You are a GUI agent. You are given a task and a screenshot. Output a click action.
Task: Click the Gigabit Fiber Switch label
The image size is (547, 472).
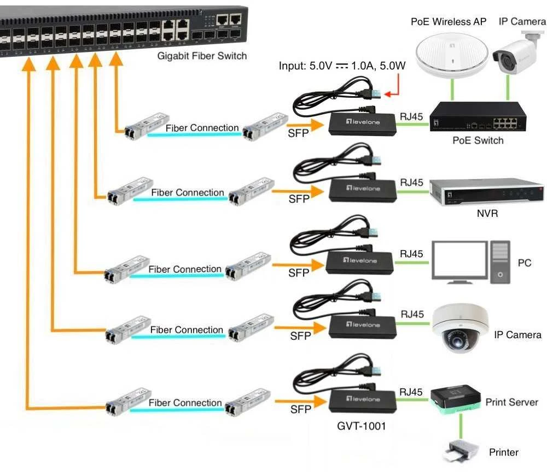tap(202, 56)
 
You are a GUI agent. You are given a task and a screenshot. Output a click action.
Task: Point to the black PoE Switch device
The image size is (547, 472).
tap(478, 117)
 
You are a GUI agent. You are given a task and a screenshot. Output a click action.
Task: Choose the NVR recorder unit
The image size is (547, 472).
tap(486, 193)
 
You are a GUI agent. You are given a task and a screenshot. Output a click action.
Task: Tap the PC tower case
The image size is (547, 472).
tap(501, 262)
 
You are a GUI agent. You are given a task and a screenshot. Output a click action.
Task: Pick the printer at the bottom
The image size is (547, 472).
tap(461, 451)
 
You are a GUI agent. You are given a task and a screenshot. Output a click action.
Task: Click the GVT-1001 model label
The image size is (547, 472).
tap(362, 426)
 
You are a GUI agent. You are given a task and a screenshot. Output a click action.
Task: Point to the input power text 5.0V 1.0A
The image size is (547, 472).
tap(342, 66)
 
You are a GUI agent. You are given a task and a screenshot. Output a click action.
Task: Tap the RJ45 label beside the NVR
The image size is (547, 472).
tap(412, 182)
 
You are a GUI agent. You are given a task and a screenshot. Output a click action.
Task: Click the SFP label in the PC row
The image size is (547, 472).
tap(299, 273)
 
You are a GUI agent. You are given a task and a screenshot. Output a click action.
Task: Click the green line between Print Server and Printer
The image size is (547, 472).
tap(461, 426)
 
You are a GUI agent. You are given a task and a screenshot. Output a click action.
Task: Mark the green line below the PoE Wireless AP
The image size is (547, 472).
tap(452, 90)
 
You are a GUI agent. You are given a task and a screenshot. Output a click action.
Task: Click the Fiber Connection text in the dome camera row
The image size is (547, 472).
tap(187, 330)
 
